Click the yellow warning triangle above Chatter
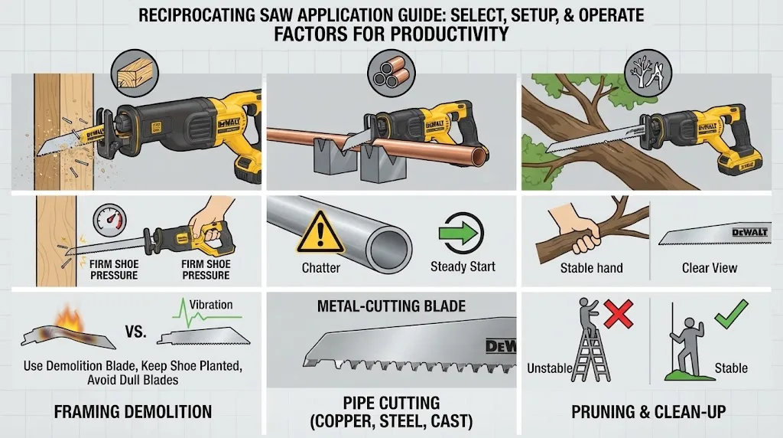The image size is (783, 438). pyautogui.click(x=320, y=234)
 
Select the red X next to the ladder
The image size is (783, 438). pyautogui.click(x=618, y=313)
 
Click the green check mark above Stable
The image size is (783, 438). pyautogui.click(x=731, y=313)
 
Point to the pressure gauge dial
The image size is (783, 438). pyautogui.click(x=109, y=221)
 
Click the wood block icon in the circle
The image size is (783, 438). pyautogui.click(x=135, y=74)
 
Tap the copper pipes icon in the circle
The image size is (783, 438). pyautogui.click(x=391, y=74)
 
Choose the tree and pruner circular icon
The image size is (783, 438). pyautogui.click(x=648, y=73)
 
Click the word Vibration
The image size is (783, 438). pyautogui.click(x=211, y=305)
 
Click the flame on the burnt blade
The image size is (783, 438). pyautogui.click(x=69, y=320)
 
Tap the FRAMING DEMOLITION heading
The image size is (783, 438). pyautogui.click(x=133, y=411)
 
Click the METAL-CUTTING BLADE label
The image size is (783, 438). pyautogui.click(x=391, y=306)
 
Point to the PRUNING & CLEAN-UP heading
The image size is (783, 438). pyautogui.click(x=648, y=411)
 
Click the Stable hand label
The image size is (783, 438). pyautogui.click(x=591, y=268)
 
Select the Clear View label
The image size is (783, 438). pyautogui.click(x=710, y=268)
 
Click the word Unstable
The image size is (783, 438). pyautogui.click(x=550, y=368)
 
